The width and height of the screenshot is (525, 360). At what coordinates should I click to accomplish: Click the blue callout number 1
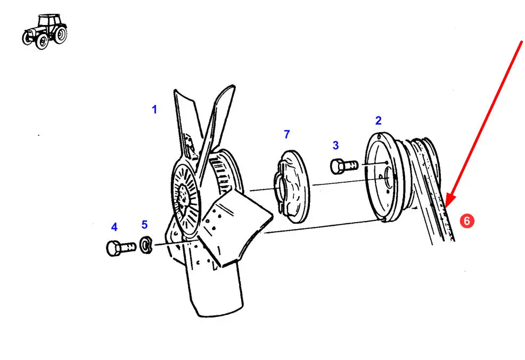[154, 110]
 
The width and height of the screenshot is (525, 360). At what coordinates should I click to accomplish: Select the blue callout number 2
[378, 120]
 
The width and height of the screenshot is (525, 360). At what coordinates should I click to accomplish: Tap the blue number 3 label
[335, 145]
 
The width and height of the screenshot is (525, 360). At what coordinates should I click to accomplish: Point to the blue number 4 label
[114, 227]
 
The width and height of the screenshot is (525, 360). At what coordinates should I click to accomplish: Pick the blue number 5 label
[144, 224]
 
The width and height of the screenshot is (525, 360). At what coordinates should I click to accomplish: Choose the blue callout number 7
[286, 134]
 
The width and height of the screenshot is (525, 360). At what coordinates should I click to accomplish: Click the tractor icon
[45, 31]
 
